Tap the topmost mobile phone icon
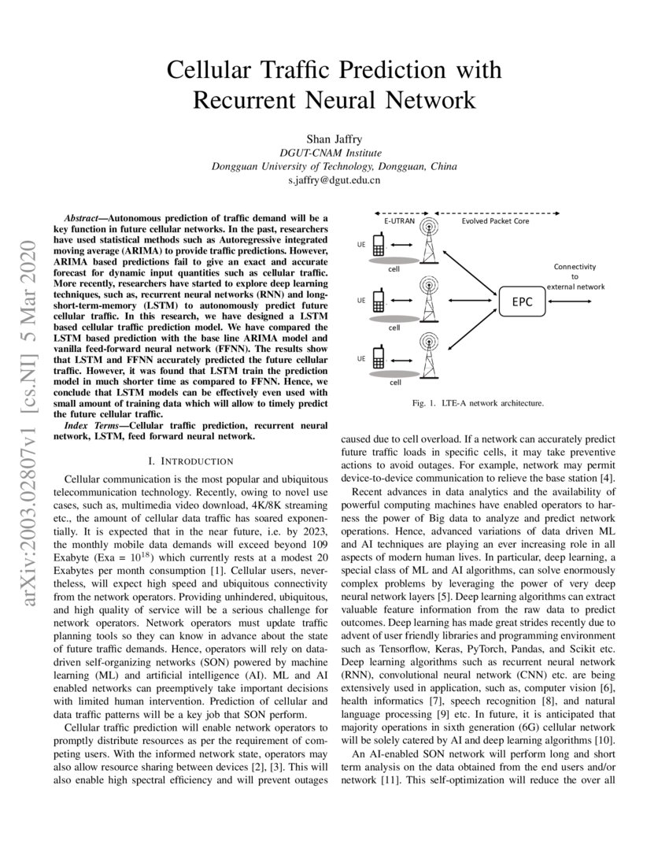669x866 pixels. pos(378,246)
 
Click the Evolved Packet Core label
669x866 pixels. pos(495,222)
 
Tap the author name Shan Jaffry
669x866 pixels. pos(334,139)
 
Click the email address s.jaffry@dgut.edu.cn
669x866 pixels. pos(334,180)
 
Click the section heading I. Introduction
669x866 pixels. pos(195,461)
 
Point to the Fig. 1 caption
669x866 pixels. pos(477,403)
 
